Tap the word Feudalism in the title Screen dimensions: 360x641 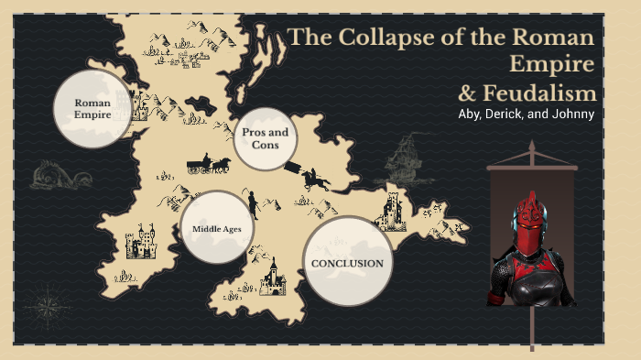[x=548, y=93]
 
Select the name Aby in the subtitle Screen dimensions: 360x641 [x=473, y=114]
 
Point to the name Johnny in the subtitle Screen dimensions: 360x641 [x=571, y=114]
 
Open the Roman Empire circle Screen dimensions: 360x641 [x=92, y=109]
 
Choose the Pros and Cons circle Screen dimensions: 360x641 [x=265, y=138]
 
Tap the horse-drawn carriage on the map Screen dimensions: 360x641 [x=209, y=165]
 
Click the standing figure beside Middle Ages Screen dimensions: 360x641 [x=253, y=202]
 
